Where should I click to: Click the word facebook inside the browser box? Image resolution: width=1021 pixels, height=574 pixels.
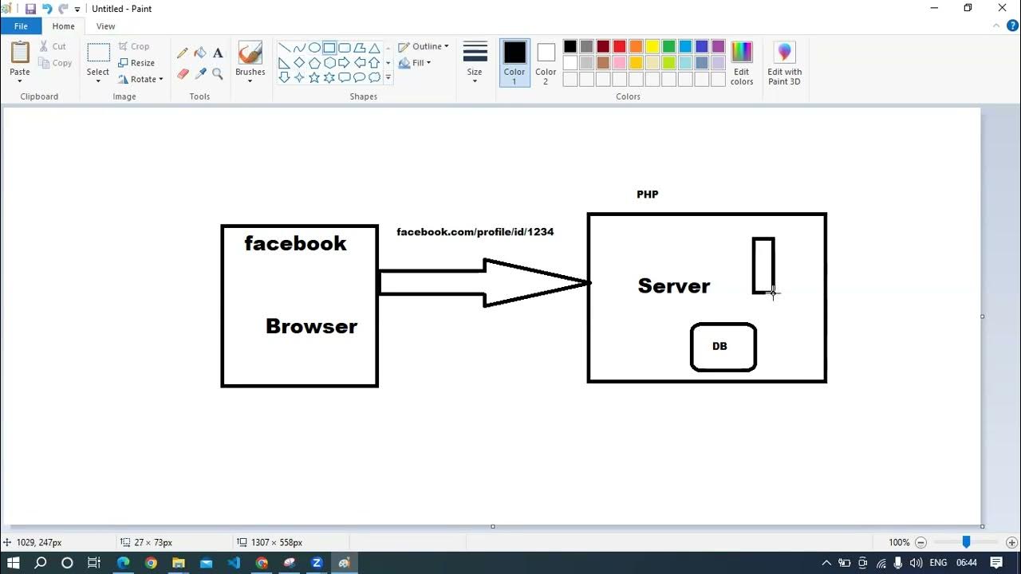[295, 243]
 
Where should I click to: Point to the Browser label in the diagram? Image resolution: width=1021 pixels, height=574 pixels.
[311, 326]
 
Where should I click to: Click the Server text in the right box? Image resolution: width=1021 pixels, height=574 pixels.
[674, 286]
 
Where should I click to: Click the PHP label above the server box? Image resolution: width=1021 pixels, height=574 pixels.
[647, 195]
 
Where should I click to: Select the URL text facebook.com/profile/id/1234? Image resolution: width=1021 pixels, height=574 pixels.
[475, 232]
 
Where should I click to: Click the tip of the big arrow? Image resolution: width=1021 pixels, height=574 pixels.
[589, 283]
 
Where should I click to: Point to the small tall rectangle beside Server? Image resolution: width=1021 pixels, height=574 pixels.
[753, 265]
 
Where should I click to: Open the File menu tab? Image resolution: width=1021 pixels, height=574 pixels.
[21, 26]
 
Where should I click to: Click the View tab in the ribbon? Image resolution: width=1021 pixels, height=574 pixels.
[105, 26]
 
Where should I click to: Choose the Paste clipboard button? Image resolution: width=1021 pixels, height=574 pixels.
[20, 61]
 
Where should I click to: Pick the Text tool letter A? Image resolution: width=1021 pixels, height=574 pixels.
[218, 53]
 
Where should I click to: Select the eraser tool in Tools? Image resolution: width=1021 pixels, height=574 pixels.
[183, 74]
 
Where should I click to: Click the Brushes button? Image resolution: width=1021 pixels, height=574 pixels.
[250, 61]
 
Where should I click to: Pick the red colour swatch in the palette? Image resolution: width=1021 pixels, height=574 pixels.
[620, 46]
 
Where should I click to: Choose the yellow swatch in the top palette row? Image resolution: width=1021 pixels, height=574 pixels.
[652, 46]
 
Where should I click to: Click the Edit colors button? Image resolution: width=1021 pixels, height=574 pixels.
[742, 63]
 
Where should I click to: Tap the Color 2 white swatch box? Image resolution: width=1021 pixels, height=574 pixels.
[546, 53]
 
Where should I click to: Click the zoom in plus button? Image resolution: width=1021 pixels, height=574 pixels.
[1011, 543]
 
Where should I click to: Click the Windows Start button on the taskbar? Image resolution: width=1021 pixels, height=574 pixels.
[14, 563]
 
